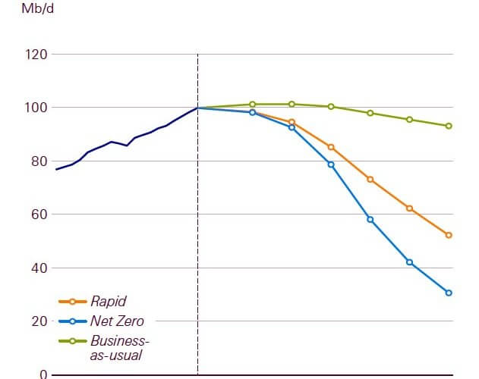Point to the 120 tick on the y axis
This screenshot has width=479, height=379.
tap(37, 55)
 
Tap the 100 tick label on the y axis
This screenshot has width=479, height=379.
tap(37, 108)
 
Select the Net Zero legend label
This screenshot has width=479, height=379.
tap(117, 321)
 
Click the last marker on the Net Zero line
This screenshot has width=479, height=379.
tap(449, 293)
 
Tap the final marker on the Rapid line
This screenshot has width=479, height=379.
tap(449, 235)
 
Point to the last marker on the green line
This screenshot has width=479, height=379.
tap(449, 126)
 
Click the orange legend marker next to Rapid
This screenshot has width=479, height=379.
tap(72, 302)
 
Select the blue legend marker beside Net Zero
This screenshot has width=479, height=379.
tap(72, 321)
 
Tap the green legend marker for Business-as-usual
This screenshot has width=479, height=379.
tap(72, 340)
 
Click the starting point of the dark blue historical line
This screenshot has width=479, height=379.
tap(56, 169)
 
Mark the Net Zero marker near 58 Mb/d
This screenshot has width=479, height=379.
tap(370, 219)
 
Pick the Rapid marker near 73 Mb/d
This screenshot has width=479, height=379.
tap(370, 180)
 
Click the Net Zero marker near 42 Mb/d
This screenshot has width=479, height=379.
tap(410, 262)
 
